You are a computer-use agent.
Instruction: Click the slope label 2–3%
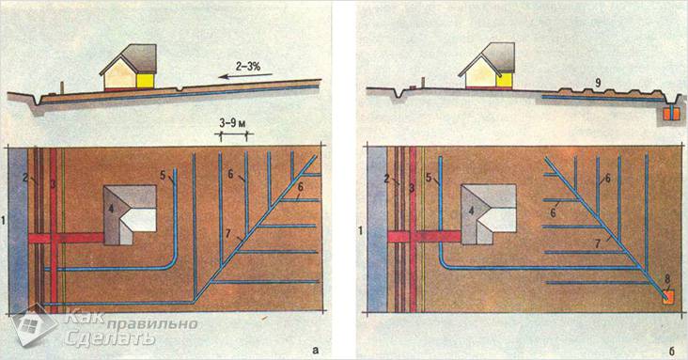pos(247,67)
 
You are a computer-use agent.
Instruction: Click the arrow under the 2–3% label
pos(245,76)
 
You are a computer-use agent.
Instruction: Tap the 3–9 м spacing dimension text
pos(233,123)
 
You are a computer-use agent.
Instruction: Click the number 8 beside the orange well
pos(667,278)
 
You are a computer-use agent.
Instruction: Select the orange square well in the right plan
pos(668,299)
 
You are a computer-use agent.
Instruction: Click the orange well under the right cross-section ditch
pos(670,114)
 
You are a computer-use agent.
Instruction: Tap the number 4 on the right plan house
pos(471,211)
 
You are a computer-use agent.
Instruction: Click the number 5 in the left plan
pos(163,176)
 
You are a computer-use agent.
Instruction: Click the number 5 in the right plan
pos(429,179)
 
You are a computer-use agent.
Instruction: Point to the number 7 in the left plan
pos(228,233)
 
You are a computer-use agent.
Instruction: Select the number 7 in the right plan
pos(597,244)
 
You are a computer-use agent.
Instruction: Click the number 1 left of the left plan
pos(4,221)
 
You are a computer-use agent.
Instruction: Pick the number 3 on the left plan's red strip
pos(54,184)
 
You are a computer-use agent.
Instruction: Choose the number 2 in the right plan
pos(386,179)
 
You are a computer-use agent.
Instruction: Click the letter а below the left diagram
pos(314,350)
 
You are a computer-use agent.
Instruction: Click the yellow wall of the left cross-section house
pos(146,80)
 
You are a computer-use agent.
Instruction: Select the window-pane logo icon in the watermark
pos(34,325)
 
